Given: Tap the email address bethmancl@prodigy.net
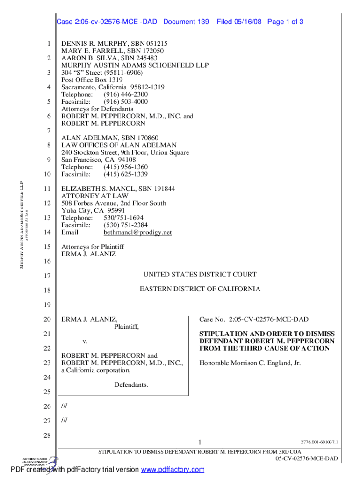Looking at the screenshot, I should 137,232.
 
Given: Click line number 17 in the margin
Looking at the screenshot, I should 46,276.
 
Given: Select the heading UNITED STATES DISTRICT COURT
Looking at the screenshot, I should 200,275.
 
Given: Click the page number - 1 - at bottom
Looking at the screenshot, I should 199,443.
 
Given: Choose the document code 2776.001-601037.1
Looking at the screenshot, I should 319,442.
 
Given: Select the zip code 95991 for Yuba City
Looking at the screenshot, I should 116,210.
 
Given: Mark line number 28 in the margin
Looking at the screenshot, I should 46,436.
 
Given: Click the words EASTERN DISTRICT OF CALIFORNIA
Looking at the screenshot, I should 200,289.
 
